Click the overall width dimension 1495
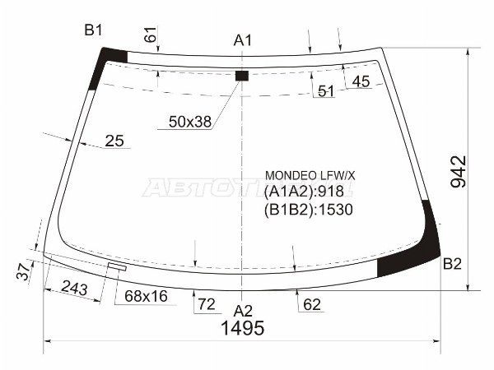pos(242,329)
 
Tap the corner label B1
pos(93,30)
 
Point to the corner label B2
pos(452,264)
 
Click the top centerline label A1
pos(242,39)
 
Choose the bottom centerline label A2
pos(242,310)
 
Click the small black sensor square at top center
pos(241,76)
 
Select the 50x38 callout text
pos(189,122)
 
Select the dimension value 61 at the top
pos(150,36)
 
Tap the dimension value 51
pos(326,91)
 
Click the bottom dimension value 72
pos(205,305)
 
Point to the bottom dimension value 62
pos(311,305)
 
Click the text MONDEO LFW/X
pos(310,175)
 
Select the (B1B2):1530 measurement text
pos(309,209)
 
